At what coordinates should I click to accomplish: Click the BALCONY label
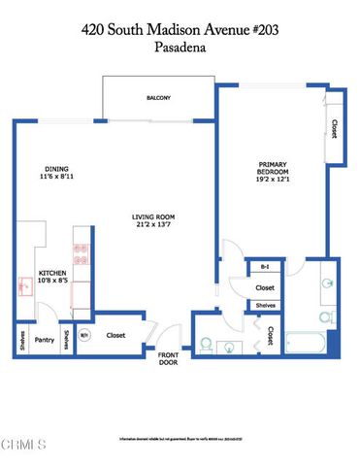pyautogui.click(x=159, y=98)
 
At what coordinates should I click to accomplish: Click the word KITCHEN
pyautogui.click(x=50, y=274)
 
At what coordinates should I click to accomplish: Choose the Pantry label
pyautogui.click(x=44, y=340)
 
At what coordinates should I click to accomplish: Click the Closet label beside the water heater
pyautogui.click(x=116, y=337)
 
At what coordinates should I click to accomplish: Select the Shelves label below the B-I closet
pyautogui.click(x=265, y=306)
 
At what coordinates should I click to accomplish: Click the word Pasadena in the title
pyautogui.click(x=180, y=46)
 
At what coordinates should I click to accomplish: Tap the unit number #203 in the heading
pyautogui.click(x=282, y=30)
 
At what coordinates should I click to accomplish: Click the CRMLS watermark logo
pyautogui.click(x=24, y=447)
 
